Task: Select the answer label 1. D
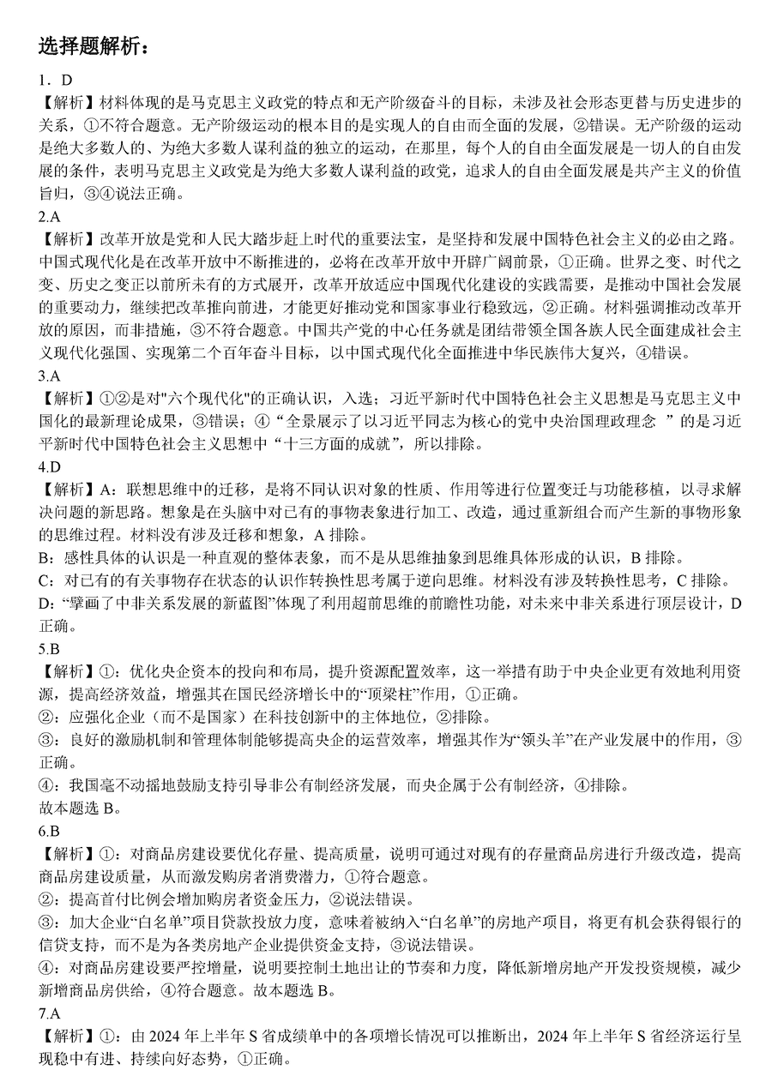click(55, 81)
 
